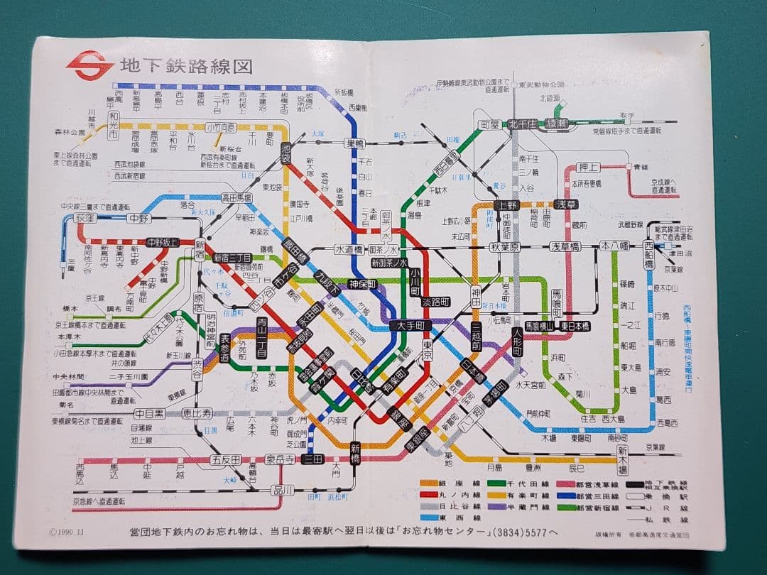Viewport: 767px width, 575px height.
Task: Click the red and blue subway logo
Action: pos(90,64)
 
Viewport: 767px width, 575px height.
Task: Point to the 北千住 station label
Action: pos(522,124)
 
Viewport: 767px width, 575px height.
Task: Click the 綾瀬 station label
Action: pos(557,124)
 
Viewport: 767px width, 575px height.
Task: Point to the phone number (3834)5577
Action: pos(511,531)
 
